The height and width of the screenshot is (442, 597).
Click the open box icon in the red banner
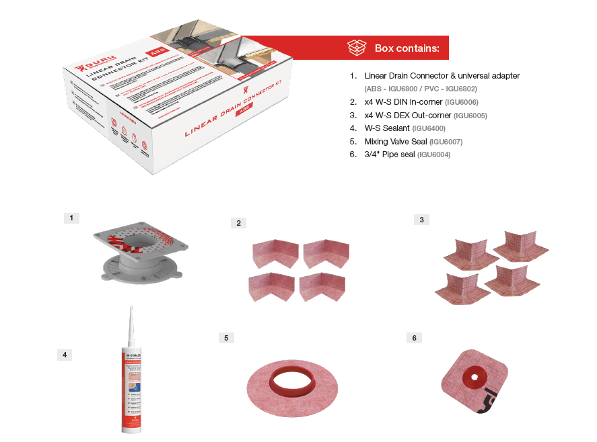click(357, 48)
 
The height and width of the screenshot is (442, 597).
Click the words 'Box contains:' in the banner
click(407, 48)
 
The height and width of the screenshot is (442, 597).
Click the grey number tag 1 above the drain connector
click(71, 218)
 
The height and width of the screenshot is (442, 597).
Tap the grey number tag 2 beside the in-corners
click(238, 223)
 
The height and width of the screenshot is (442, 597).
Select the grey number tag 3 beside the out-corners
click(421, 220)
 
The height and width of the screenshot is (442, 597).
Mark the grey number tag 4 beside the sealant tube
click(65, 355)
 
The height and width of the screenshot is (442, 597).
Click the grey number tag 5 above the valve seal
click(226, 337)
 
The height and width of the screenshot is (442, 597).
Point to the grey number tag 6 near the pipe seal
click(414, 337)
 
